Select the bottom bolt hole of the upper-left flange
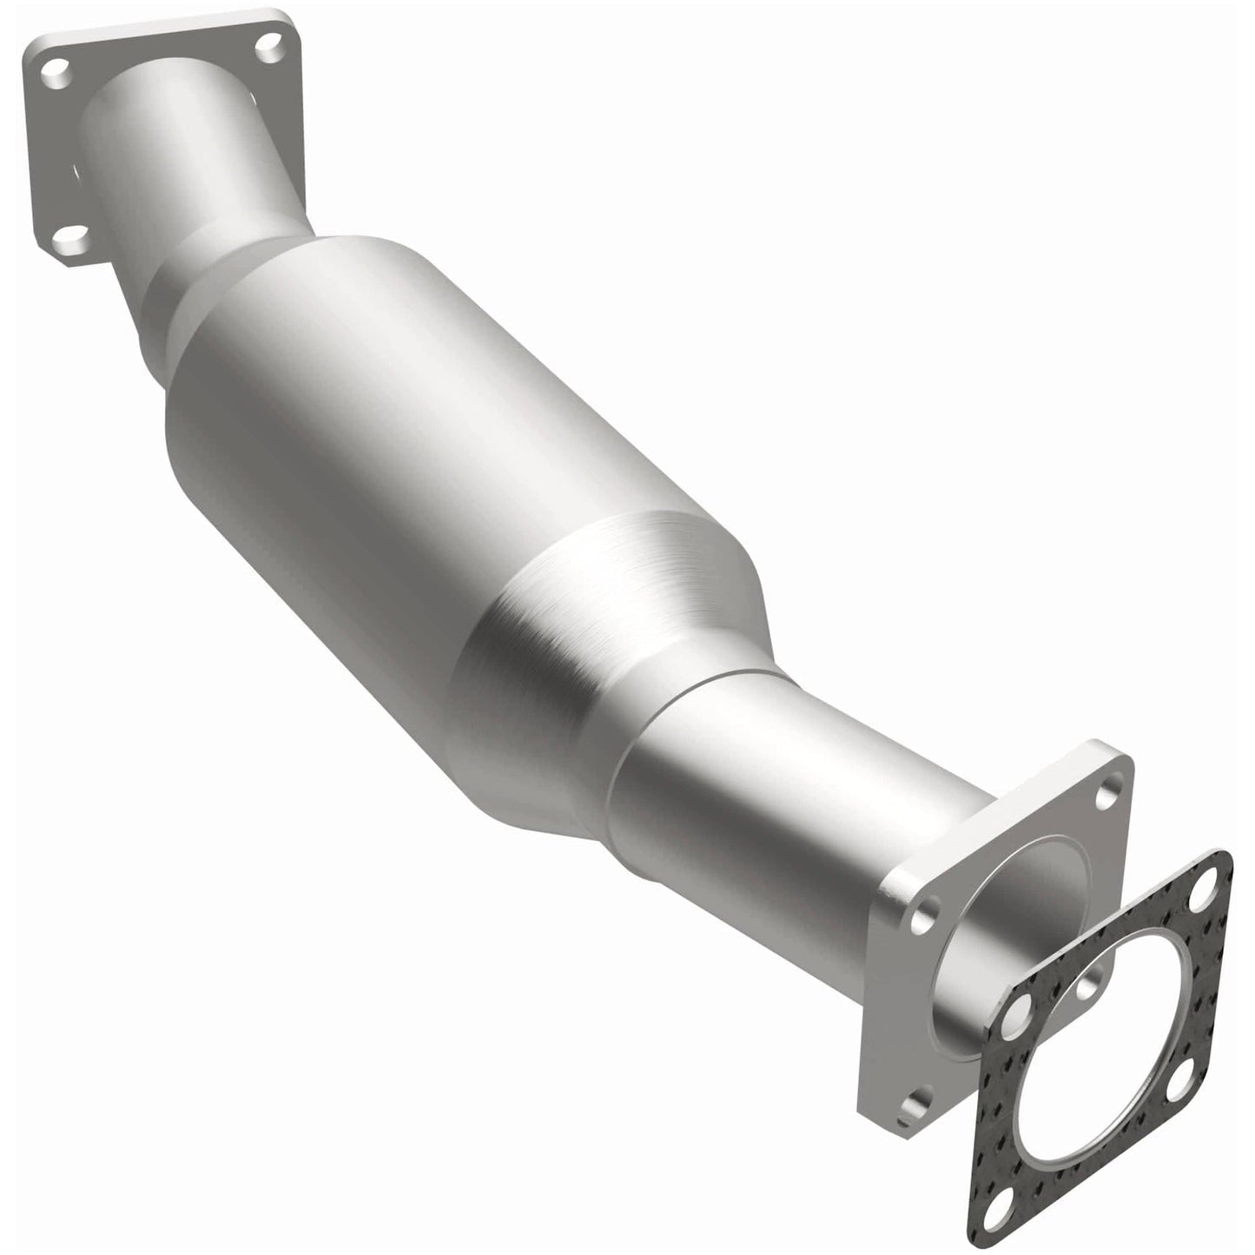point(76,234)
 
